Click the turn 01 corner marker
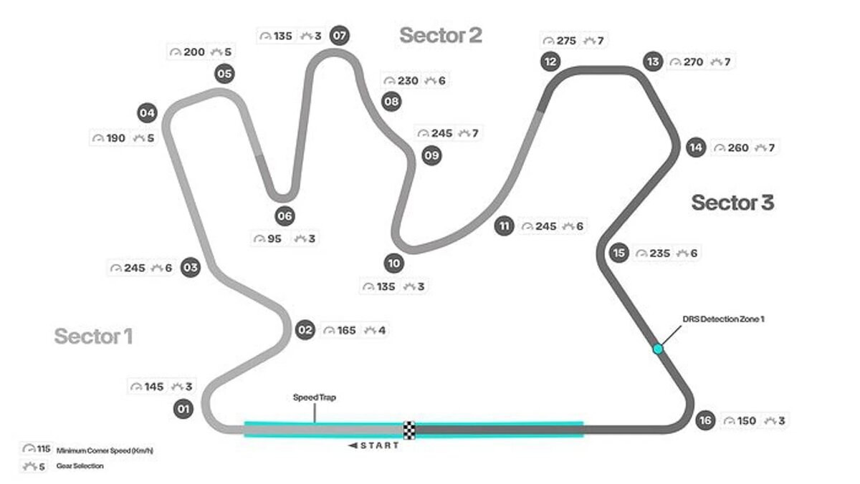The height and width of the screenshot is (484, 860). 184,409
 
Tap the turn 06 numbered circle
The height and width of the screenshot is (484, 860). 285,216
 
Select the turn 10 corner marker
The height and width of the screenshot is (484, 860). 393,263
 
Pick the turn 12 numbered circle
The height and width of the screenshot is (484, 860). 550,62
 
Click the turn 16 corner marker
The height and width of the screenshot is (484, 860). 705,420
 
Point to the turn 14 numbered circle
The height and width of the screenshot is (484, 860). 695,147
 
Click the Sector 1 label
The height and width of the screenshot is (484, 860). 93,336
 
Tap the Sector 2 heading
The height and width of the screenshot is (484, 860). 440,34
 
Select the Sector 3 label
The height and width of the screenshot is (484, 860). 732,203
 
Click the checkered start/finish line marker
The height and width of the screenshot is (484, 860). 409,430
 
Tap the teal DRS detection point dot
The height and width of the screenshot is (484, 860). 658,349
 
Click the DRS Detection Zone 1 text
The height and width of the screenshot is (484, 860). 723,319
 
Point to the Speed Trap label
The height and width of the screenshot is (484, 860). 314,397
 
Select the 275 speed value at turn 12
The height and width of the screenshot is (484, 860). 566,41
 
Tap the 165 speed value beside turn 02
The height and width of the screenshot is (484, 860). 347,330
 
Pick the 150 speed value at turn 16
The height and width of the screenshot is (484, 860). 746,421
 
